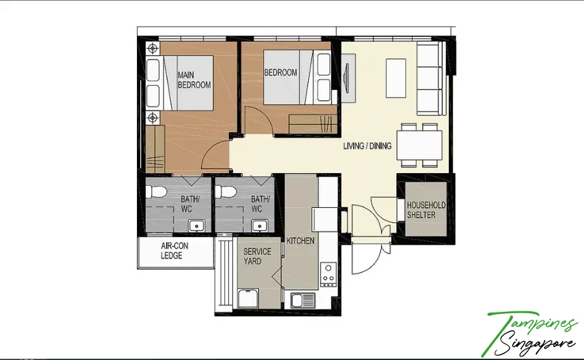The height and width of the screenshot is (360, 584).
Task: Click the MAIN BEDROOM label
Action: point(194,80)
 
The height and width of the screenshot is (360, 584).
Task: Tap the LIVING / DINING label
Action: point(367,146)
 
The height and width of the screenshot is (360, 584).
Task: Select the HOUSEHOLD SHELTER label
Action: point(426,210)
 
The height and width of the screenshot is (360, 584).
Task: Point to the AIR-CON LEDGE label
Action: point(174,250)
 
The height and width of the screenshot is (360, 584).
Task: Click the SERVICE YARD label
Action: point(257,256)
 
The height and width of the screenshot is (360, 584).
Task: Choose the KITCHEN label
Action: point(301,241)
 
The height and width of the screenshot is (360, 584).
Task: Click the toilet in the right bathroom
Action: point(226,192)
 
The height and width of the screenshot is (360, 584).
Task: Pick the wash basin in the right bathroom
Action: point(259,226)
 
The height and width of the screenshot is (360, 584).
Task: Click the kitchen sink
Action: point(303,300)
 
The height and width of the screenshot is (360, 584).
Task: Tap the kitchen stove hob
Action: point(328,274)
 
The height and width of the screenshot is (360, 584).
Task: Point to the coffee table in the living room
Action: point(396,78)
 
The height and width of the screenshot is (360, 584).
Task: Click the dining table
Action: point(420,145)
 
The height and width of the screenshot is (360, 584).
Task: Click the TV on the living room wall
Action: point(347,78)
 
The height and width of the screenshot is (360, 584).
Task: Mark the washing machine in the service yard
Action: point(248,299)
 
